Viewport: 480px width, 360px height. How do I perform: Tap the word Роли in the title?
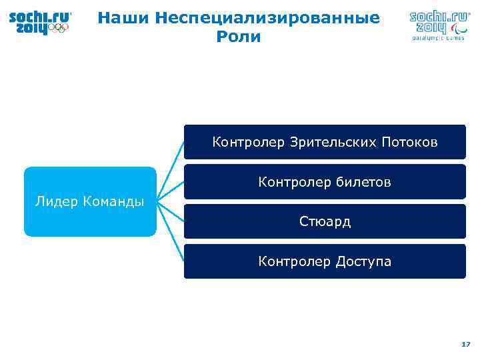238,37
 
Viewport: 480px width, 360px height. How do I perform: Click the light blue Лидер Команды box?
90,201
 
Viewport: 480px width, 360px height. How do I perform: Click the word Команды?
114,202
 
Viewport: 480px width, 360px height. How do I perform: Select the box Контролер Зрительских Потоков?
325,142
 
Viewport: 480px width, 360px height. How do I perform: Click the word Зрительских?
334,142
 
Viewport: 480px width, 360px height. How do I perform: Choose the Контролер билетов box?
325,182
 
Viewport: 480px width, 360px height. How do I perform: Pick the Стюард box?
325,221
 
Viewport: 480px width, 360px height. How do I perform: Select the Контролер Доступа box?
325,261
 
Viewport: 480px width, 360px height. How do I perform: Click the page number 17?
465,344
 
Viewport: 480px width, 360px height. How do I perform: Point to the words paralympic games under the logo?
437,38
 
